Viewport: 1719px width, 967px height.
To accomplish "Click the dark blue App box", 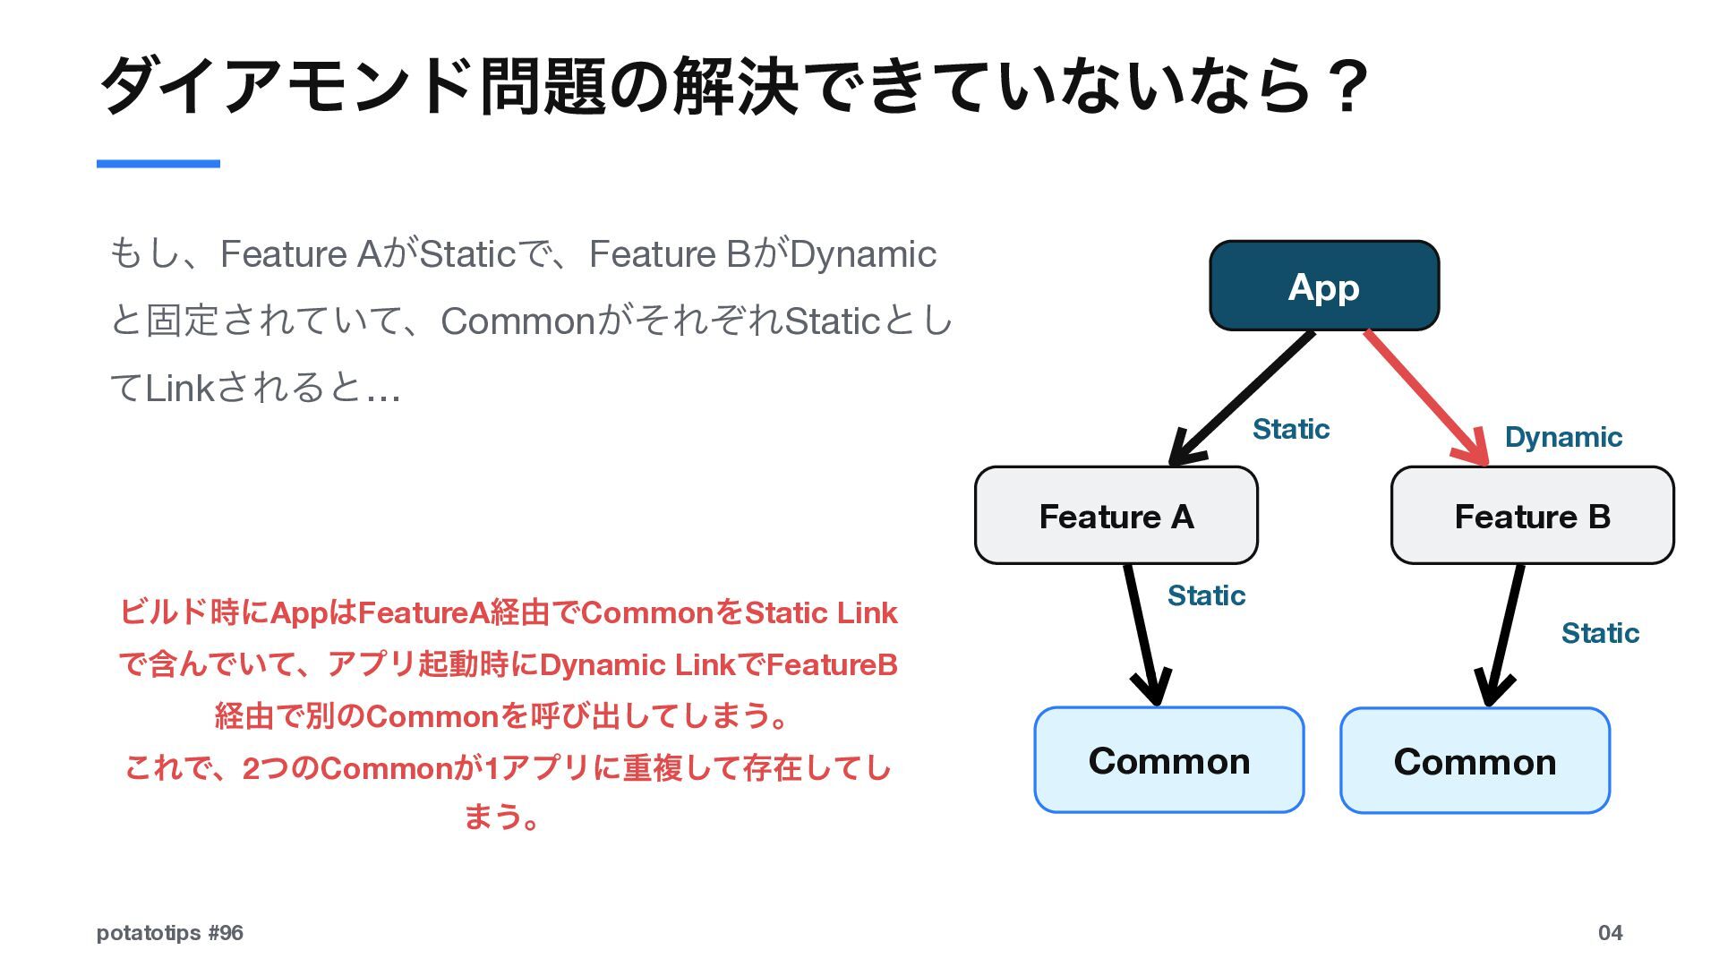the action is pyautogui.click(x=1324, y=286).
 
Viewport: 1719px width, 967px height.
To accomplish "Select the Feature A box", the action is pyautogui.click(x=1116, y=516).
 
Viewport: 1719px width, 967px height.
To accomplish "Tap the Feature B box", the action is pyautogui.click(x=1532, y=516).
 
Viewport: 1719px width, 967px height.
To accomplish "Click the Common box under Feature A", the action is pyautogui.click(x=1168, y=760).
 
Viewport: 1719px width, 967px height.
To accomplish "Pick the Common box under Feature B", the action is pyautogui.click(x=1475, y=761).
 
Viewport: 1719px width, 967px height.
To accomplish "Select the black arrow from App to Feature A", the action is pyautogui.click(x=1241, y=398).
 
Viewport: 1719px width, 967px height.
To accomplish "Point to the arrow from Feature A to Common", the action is pyautogui.click(x=1142, y=636).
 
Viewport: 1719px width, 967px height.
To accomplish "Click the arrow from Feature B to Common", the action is pyautogui.click(x=1503, y=636).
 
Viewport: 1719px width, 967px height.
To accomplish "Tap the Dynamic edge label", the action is pyautogui.click(x=1563, y=437).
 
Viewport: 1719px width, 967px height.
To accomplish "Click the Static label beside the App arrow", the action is pyautogui.click(x=1291, y=429).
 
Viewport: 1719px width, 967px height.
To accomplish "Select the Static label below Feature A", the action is pyautogui.click(x=1206, y=595).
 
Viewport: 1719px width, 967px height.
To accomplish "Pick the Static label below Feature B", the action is pyautogui.click(x=1600, y=633).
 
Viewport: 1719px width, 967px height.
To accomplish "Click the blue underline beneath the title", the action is pyautogui.click(x=158, y=164).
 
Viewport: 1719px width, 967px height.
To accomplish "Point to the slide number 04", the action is pyautogui.click(x=1610, y=933).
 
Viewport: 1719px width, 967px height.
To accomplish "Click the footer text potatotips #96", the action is pyautogui.click(x=170, y=933).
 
